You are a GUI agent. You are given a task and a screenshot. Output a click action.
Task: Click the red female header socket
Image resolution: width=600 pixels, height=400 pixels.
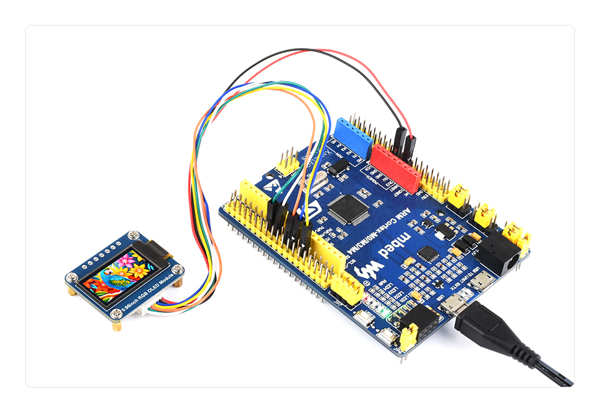(x=395, y=167)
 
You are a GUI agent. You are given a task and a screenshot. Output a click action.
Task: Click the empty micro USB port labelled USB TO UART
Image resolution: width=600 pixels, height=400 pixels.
(x=482, y=283)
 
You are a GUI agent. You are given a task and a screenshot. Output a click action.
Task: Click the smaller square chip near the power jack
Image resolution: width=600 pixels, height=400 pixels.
(x=427, y=253)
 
